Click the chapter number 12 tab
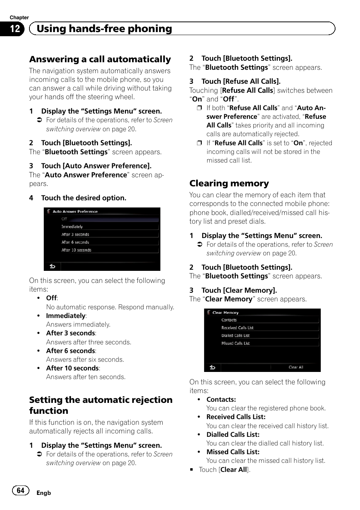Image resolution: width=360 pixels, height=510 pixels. [14, 29]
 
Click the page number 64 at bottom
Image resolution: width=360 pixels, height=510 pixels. [20, 490]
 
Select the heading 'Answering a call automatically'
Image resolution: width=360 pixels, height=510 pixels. [100, 59]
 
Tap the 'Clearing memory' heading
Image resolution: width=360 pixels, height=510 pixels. [229, 183]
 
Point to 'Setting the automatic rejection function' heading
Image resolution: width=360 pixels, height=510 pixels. [101, 405]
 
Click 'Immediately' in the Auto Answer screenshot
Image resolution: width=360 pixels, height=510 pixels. [72, 227]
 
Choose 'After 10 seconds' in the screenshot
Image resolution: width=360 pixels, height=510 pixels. [76, 250]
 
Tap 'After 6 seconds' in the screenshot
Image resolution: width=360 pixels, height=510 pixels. [75, 242]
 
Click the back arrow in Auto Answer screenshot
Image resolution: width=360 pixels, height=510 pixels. [52, 266]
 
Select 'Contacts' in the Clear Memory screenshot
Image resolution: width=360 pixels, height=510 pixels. [229, 320]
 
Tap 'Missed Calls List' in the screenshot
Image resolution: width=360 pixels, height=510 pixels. [235, 343]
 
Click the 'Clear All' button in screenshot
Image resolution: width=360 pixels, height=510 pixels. [295, 367]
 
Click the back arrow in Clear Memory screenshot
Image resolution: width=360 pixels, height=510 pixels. [212, 367]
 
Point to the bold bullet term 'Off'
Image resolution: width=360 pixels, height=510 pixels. [51, 298]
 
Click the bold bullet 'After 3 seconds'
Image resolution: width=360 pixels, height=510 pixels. [71, 333]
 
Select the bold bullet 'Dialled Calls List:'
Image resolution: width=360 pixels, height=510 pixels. [233, 435]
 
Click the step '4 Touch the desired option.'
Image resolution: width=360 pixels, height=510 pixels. [83, 198]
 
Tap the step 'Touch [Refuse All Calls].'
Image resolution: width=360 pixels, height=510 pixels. [241, 81]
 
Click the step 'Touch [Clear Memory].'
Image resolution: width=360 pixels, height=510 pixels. [239, 290]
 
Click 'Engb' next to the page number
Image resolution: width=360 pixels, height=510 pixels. [43, 493]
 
